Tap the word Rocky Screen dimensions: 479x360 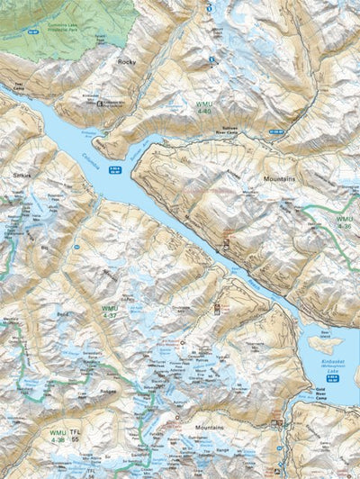tap(126, 62)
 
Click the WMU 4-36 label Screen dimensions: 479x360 tap(344, 222)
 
